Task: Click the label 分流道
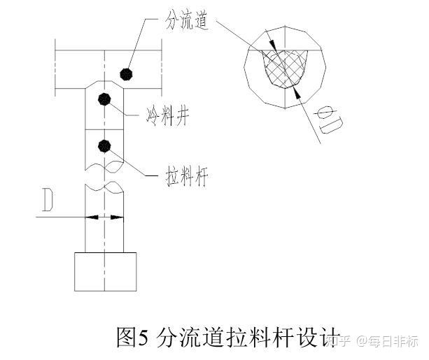pyautogui.click(x=187, y=21)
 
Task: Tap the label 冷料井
pyautogui.click(x=167, y=116)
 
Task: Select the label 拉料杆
pyautogui.click(x=187, y=177)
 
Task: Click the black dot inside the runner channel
pyautogui.click(x=127, y=74)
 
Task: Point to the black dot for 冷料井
pyautogui.click(x=104, y=99)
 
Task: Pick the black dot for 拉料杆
pyautogui.click(x=104, y=146)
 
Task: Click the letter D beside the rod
pyautogui.click(x=48, y=200)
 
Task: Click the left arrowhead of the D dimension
pyautogui.click(x=92, y=217)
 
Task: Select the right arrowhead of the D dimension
pyautogui.click(x=117, y=217)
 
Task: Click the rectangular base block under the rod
pyautogui.click(x=106, y=272)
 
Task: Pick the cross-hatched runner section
pyautogui.click(x=285, y=69)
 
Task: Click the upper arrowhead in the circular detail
pyautogui.click(x=273, y=45)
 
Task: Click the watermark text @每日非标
pyautogui.click(x=388, y=341)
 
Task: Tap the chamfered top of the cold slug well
pyautogui.click(x=104, y=85)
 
